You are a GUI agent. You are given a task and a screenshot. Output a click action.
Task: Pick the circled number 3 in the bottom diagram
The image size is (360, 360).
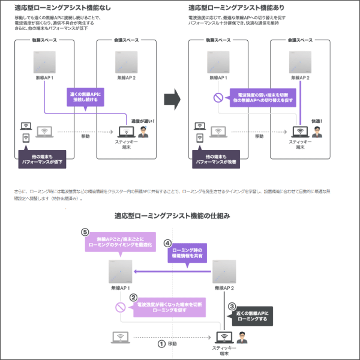coord(232,306)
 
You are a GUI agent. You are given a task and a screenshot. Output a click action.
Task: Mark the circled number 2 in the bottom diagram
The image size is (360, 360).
coord(133,296)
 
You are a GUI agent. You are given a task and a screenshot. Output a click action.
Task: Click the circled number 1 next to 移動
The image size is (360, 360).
coord(161,344)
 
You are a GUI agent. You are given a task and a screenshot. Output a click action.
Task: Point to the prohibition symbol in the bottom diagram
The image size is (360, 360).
coord(120,308)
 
